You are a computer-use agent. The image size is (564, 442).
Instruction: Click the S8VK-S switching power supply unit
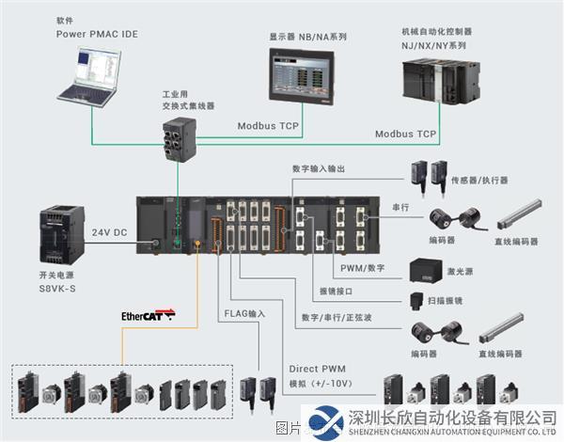coord(57,238)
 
